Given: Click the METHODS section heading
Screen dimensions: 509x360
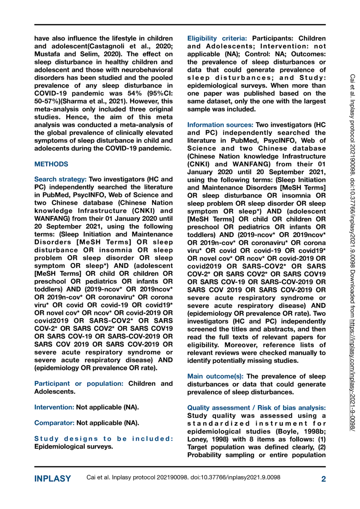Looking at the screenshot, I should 51,164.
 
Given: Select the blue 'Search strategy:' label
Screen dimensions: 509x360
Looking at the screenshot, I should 60,179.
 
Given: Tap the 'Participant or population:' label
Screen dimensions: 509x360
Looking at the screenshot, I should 79,383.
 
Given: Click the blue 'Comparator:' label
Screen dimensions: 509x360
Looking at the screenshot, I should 54,423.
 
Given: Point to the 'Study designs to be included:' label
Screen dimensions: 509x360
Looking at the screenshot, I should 104,439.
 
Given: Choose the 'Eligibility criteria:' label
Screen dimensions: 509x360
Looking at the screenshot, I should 217,38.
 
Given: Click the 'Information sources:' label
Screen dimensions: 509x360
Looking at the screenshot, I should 220,125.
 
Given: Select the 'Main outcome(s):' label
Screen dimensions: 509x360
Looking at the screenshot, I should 215,376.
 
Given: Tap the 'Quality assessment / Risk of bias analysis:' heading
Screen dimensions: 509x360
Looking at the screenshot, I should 256,408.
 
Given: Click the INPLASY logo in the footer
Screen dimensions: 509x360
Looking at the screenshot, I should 53,479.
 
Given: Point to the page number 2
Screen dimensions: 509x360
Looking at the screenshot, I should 323,479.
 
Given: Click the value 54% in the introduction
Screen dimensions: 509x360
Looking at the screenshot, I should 135,93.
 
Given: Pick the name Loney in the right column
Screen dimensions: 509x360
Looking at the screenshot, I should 198,439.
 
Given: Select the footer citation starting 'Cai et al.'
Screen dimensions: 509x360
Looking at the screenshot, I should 183,478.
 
